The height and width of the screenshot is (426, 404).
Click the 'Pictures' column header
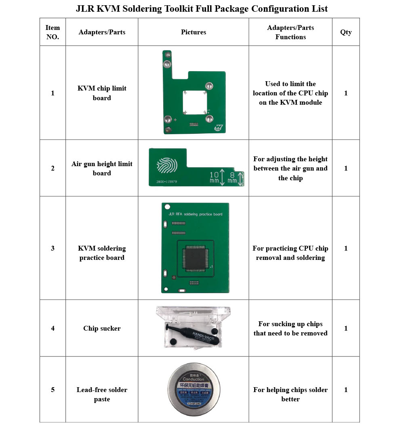coord(194,32)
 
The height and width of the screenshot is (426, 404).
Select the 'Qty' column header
coord(346,32)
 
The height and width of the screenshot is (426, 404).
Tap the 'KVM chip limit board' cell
coord(102,93)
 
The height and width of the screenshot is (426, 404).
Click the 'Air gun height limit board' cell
coord(102,169)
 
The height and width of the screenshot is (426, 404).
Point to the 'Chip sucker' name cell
coord(102,328)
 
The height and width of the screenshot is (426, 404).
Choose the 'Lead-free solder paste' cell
coord(102,394)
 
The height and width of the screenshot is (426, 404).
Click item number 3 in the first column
coord(53,248)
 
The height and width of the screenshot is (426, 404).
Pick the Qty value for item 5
coord(346,390)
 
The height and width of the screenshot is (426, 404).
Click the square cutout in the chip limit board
coord(196,102)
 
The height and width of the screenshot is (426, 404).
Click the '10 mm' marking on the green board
coord(215,177)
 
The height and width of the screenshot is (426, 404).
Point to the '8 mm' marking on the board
coord(232,177)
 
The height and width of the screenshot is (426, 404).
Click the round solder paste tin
coord(194,390)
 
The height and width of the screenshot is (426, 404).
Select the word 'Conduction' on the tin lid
coord(194,379)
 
